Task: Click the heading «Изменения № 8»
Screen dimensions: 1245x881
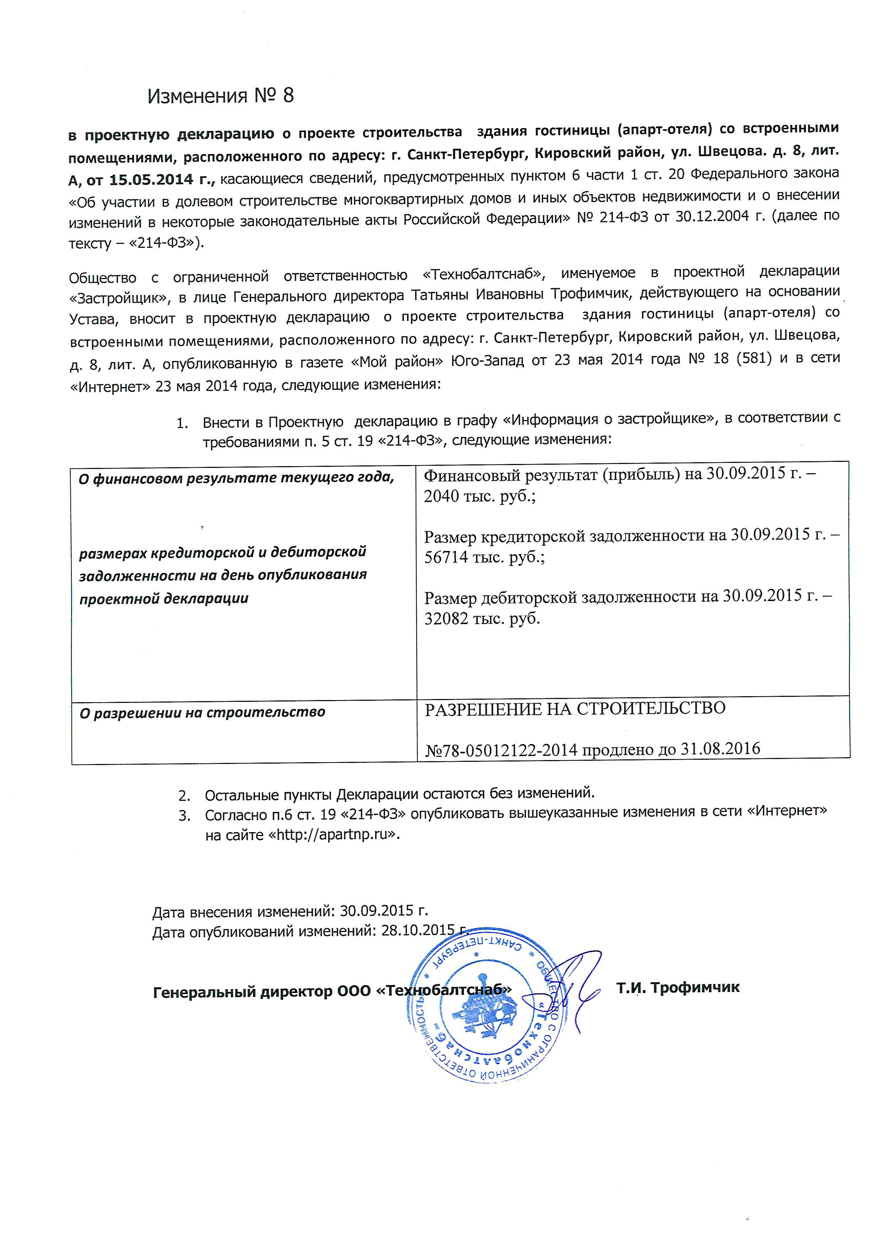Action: click(220, 96)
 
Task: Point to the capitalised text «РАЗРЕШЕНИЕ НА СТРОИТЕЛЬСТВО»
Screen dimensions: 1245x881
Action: click(575, 708)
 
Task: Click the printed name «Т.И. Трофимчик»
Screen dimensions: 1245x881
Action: click(677, 987)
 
